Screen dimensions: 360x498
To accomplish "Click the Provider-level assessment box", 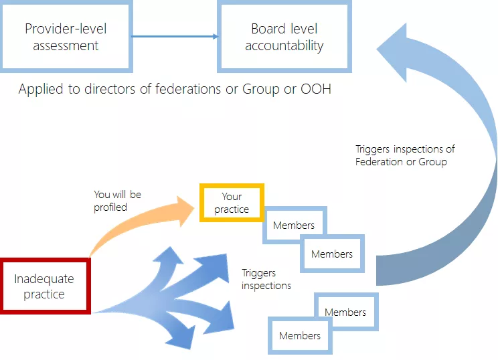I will [66, 37].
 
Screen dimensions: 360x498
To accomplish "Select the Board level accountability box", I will [284, 37].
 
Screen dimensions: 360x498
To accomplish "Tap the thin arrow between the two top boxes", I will [174, 37].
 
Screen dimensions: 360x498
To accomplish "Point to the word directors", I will [108, 89].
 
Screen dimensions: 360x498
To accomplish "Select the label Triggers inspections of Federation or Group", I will [405, 155].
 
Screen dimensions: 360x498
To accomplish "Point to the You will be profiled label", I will [117, 201].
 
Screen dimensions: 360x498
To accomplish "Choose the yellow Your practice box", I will [232, 203].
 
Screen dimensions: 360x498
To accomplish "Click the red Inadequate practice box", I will [45, 286].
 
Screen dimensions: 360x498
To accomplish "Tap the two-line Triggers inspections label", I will [266, 279].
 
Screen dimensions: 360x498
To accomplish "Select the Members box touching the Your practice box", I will [293, 226].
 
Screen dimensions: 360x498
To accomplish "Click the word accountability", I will [284, 46].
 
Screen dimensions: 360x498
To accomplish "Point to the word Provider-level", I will [66, 29].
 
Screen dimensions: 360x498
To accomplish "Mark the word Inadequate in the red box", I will [44, 279].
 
